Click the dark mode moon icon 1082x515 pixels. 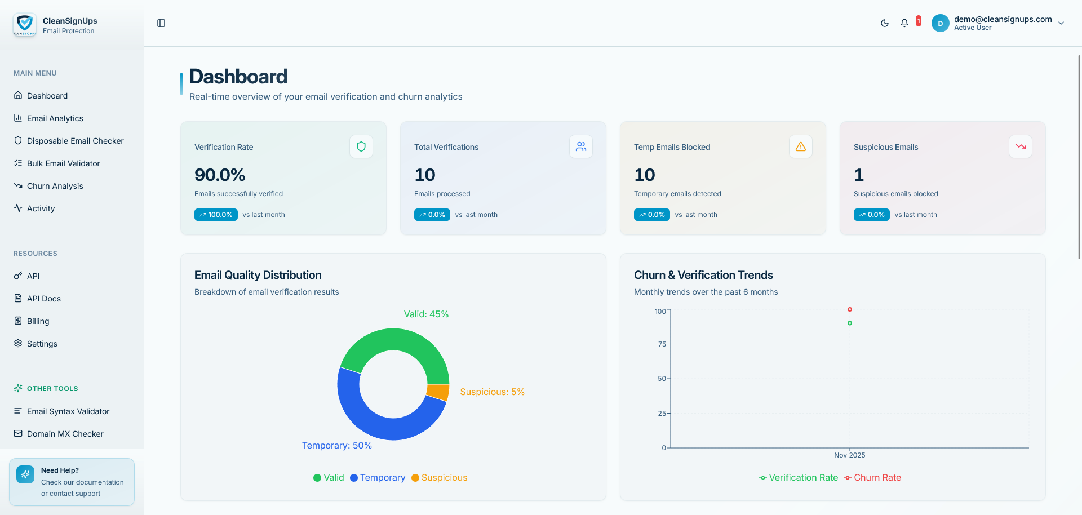[x=885, y=23]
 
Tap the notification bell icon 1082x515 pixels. [x=904, y=23]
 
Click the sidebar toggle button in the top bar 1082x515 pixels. [x=161, y=23]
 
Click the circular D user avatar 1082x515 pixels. [x=941, y=23]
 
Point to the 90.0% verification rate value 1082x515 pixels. [x=220, y=175]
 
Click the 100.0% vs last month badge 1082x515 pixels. [x=216, y=215]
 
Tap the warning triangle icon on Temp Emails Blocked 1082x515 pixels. [x=801, y=146]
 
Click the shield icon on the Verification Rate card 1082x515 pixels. [x=361, y=146]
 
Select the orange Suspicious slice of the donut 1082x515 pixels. [x=438, y=392]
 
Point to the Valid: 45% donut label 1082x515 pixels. [x=426, y=314]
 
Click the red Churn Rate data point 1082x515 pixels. [x=850, y=309]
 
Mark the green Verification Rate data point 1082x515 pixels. [x=850, y=323]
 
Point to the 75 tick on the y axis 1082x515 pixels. [x=662, y=344]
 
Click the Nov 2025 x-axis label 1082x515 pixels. [x=850, y=455]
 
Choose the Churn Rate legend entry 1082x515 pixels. [x=872, y=478]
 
